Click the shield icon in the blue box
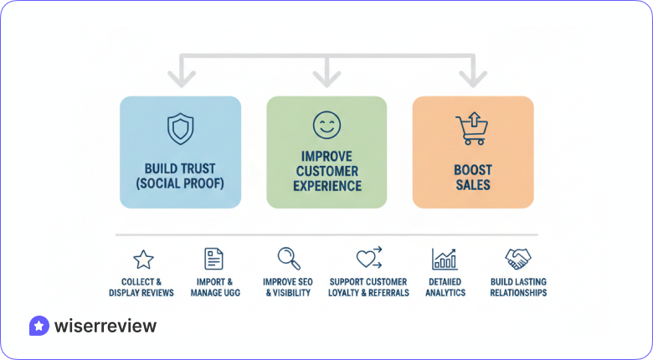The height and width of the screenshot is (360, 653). point(180,129)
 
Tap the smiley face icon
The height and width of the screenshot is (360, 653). point(326,126)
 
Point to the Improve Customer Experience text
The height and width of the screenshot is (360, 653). point(326,171)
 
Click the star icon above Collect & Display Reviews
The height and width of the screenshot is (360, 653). point(143,259)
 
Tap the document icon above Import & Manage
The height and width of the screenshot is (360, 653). point(214,258)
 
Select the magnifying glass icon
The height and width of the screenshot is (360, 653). point(289,258)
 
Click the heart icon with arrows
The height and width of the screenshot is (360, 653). point(368,258)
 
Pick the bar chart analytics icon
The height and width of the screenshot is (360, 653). point(445,258)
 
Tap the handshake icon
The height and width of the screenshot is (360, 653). point(518,258)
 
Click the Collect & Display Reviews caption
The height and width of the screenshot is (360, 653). point(141,287)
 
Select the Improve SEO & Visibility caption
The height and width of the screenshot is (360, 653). point(288,287)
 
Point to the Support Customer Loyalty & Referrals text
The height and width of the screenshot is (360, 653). point(369,287)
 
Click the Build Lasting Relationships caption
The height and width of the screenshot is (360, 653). point(518,287)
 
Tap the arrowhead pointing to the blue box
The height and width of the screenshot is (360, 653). point(180,80)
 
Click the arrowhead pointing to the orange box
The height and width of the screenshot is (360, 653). point(473,80)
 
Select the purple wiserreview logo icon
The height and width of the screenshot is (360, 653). point(39,326)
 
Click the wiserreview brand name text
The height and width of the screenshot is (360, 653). point(105,326)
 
